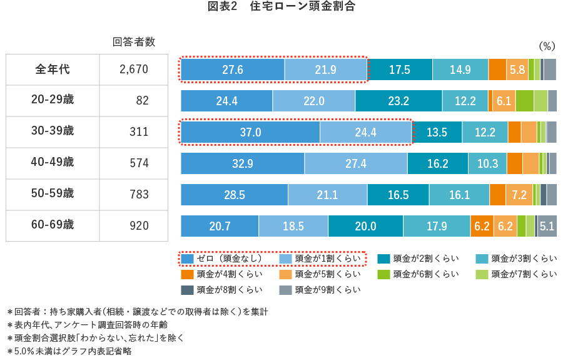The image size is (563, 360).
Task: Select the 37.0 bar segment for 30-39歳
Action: (250, 132)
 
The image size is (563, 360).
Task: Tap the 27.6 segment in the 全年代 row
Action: (232, 69)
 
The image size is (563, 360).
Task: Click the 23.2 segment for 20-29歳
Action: (398, 101)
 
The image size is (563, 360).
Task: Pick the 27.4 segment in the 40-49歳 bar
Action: (355, 163)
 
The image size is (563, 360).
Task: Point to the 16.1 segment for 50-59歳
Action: (459, 195)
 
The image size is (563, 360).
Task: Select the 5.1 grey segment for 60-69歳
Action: (547, 226)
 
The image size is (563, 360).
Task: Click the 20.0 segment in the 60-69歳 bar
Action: (365, 226)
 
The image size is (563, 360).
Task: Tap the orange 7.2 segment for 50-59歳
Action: (519, 195)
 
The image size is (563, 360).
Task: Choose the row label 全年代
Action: (53, 69)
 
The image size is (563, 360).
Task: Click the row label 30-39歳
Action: (53, 131)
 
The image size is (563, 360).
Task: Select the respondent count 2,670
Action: (133, 69)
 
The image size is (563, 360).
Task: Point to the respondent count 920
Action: (139, 225)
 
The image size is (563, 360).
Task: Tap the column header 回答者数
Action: (133, 42)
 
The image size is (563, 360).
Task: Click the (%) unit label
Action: (546, 46)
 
